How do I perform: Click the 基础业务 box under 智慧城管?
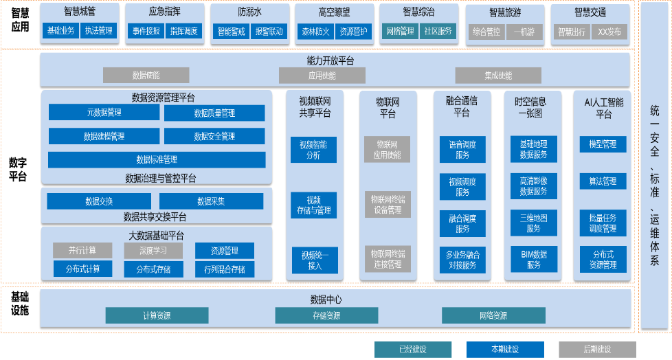[60, 31]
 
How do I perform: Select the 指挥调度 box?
[183, 31]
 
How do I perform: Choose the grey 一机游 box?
[524, 32]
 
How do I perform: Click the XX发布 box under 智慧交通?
[609, 32]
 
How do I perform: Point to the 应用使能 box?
[322, 76]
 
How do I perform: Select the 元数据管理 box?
[104, 113]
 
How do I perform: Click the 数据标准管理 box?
[157, 159]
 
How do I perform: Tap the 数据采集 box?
[211, 201]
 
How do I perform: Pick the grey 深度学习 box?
[144, 251]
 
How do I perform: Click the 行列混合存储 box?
[224, 269]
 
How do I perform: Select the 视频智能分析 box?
[313, 150]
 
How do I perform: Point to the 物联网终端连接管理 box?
[387, 259]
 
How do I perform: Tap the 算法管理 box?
[603, 182]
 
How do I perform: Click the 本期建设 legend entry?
[504, 349]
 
